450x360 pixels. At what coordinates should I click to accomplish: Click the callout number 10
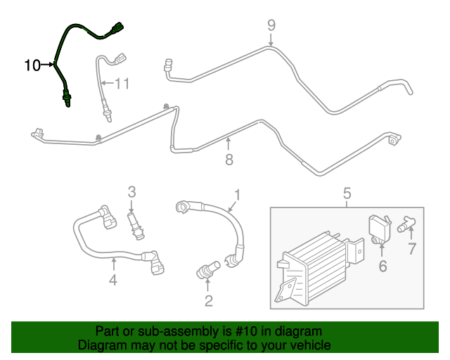coord(32,65)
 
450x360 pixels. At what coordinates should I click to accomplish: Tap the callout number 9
coord(271,26)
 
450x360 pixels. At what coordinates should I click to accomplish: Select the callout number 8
coord(229,160)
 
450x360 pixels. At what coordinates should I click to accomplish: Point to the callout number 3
coord(131,191)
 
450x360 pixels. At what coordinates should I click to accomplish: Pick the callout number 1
coord(238,195)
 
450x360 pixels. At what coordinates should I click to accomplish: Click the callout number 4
coord(113,281)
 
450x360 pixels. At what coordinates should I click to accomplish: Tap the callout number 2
coord(208,301)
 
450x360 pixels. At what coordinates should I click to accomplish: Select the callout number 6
coord(382,266)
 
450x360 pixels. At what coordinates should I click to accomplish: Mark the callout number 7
coord(413,247)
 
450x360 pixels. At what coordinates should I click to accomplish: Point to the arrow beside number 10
coord(49,65)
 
